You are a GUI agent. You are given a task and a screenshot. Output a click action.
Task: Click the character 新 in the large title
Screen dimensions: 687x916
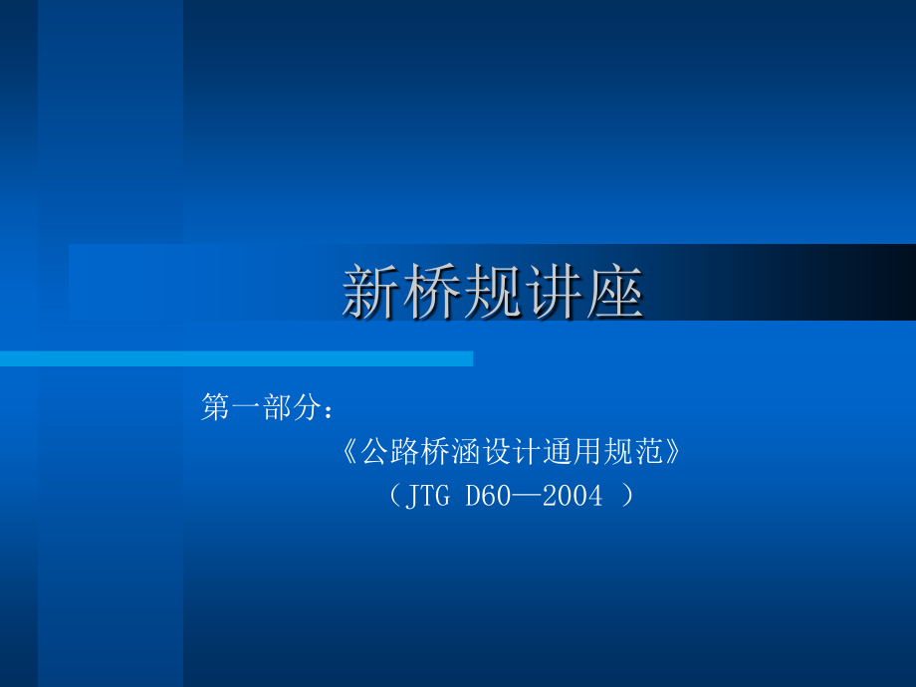point(372,292)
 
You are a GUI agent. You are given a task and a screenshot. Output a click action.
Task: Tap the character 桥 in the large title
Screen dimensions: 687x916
point(433,292)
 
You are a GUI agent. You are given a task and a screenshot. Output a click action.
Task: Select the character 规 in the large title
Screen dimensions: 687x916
point(494,292)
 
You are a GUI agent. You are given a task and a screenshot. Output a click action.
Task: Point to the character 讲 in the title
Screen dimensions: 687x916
point(555,292)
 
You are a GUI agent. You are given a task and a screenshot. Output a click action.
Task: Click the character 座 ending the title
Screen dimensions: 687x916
point(615,292)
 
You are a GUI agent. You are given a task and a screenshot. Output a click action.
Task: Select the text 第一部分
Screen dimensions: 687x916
point(262,407)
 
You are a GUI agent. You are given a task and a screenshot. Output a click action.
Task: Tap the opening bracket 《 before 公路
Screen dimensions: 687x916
point(350,453)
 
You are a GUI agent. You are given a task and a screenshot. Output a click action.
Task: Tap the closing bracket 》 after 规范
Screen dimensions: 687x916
point(674,453)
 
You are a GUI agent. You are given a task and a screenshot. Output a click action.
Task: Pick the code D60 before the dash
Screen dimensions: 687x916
point(488,496)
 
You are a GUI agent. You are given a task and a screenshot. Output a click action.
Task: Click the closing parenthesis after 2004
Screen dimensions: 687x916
point(626,496)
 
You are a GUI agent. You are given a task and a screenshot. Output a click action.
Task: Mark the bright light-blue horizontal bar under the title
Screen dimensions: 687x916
point(236,358)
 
